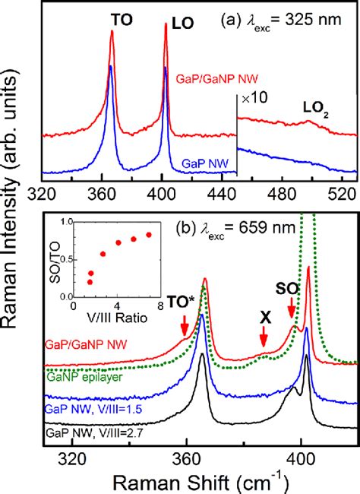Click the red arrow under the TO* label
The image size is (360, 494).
(185, 325)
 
